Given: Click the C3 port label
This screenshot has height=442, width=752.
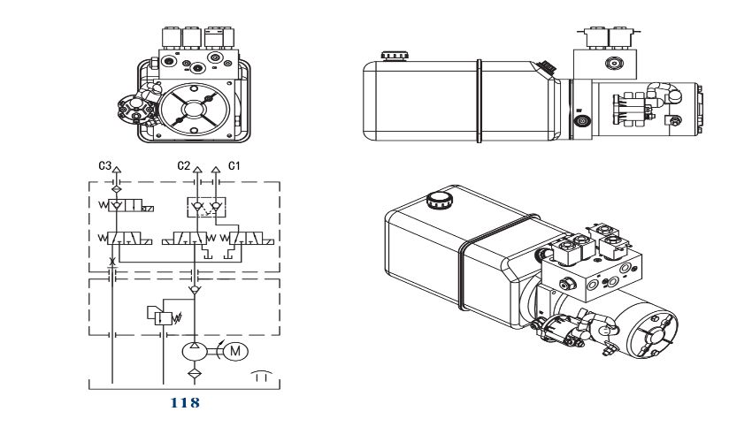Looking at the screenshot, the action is (104, 166).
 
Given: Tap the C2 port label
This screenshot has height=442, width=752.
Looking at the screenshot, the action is (184, 166).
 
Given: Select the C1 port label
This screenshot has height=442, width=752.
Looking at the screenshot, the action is (234, 166).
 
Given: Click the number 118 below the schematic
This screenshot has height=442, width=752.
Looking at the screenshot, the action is (185, 403).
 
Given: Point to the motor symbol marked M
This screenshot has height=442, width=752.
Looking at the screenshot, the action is (235, 352).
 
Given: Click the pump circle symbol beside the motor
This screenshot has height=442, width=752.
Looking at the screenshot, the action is (195, 352).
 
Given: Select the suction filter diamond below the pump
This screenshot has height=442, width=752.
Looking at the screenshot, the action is (195, 373).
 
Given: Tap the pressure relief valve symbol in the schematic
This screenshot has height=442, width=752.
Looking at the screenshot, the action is (163, 316).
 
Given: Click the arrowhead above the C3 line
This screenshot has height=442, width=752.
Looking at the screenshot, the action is (117, 169).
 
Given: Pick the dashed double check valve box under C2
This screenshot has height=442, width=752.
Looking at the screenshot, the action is (206, 207).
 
